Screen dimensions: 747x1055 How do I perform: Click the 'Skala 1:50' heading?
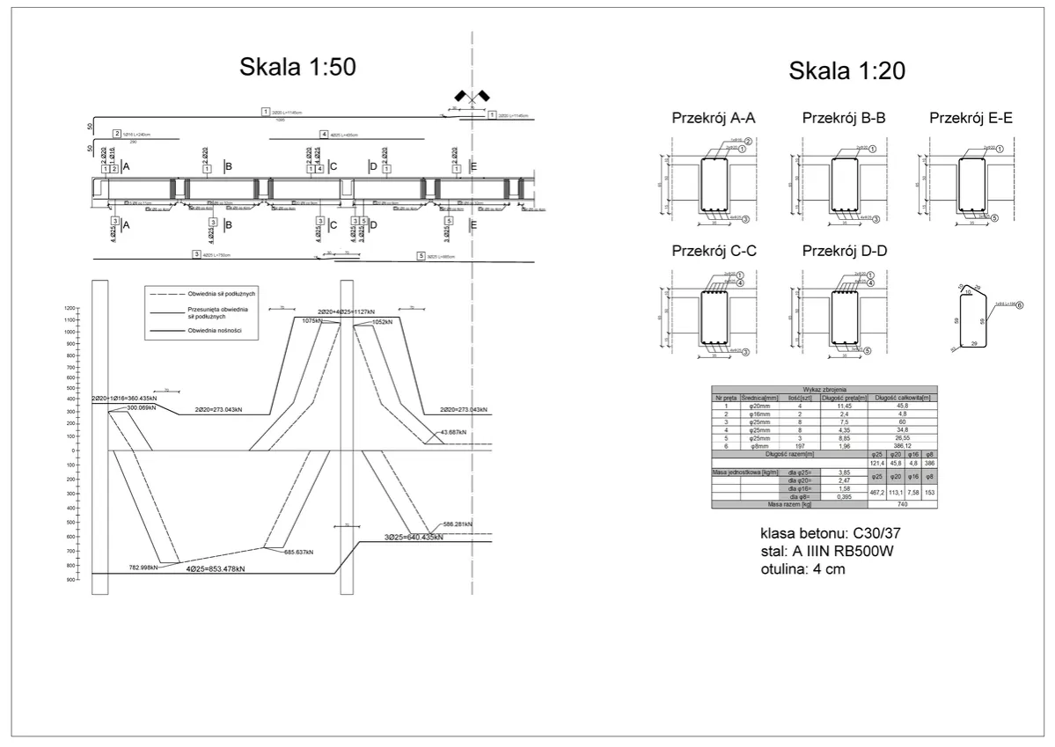pos(297,68)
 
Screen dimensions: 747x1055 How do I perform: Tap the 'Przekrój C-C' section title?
pos(714,251)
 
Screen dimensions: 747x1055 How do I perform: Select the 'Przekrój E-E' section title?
pos(971,117)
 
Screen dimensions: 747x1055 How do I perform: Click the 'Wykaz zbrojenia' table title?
pos(824,389)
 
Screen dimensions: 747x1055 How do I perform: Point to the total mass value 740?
pos(903,504)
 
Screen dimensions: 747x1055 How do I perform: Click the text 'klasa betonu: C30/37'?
pos(829,534)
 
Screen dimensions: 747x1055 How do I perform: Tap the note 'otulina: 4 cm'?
pos(803,569)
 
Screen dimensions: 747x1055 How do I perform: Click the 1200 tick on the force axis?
pos(70,307)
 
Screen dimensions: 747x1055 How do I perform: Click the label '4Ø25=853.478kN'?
pos(215,569)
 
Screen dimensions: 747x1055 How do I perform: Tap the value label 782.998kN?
pos(143,568)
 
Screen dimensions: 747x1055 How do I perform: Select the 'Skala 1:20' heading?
pos(846,70)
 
